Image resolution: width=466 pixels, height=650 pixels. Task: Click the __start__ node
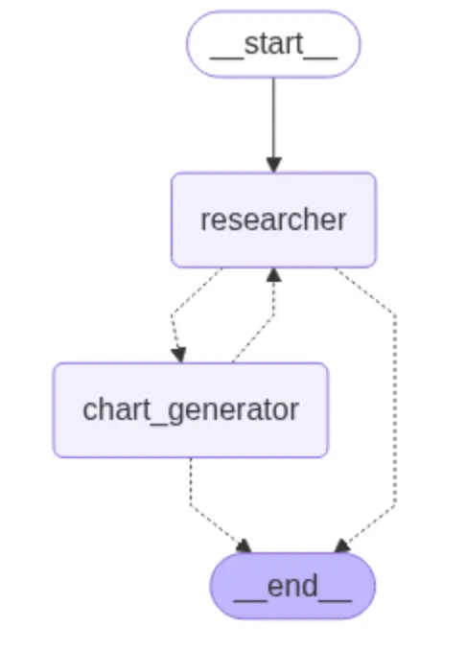[x=273, y=44]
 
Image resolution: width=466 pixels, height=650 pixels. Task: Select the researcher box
[x=273, y=220]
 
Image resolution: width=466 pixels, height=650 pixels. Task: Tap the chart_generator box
[x=190, y=410]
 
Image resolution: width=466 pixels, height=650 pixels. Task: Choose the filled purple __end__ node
[x=292, y=586]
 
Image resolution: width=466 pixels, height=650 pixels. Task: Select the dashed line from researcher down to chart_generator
[x=175, y=316]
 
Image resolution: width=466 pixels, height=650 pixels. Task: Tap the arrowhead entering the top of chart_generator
[x=178, y=355]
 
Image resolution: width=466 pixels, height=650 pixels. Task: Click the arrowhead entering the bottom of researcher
[x=274, y=276]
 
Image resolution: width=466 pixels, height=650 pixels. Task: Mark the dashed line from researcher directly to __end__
[x=394, y=403]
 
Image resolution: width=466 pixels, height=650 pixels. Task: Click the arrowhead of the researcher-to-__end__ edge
[x=341, y=546]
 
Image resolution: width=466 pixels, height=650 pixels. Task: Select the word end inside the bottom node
[x=292, y=586]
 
